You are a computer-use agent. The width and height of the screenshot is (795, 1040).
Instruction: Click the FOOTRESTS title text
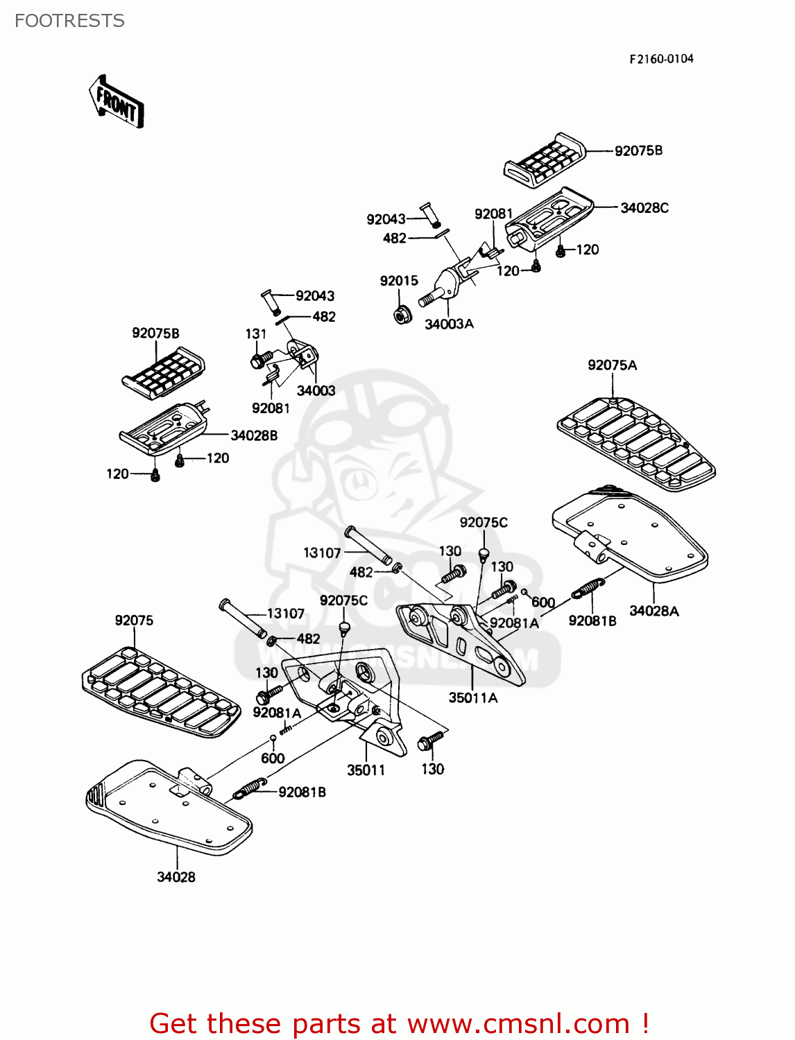coord(69,21)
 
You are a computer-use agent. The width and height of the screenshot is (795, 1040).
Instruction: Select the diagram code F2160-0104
coord(661,59)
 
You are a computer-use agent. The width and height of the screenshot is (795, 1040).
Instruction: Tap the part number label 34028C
coord(644,208)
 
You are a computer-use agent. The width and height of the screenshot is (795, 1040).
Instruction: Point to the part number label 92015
coord(399,281)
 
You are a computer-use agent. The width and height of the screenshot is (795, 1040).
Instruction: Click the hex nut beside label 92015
coord(401,314)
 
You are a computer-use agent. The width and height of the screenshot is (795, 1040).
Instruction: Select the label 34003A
coord(449,324)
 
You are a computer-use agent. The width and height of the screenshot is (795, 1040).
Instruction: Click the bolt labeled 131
coord(260,361)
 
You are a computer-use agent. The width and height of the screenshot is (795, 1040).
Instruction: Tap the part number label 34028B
coord(254,435)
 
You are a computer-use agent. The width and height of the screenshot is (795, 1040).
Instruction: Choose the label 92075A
coord(612,365)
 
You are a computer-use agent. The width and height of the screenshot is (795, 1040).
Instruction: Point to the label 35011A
coord(472,698)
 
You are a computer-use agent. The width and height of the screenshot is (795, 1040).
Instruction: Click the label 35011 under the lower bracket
coord(366,770)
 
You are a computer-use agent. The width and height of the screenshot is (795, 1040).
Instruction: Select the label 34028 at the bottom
coord(176,877)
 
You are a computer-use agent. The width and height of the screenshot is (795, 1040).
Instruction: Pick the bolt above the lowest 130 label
coord(431,741)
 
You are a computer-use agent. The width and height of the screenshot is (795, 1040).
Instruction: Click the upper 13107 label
coord(322,553)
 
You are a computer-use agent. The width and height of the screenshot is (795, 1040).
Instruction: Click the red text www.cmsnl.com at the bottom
coord(518,1024)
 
